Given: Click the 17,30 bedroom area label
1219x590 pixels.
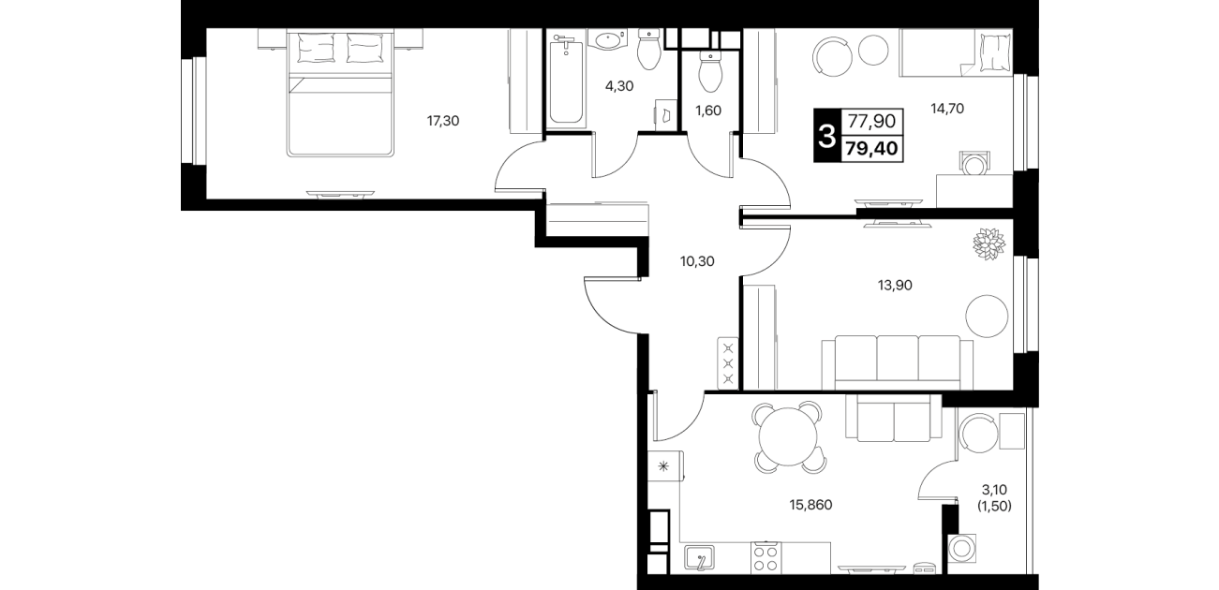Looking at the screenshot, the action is tap(443, 121).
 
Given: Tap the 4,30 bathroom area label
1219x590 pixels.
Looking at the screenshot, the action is tap(619, 86).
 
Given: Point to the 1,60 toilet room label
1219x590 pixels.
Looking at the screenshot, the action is tap(708, 111).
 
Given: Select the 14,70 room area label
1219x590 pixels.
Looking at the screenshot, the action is tap(947, 109).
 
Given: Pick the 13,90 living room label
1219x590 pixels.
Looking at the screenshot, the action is tap(895, 285).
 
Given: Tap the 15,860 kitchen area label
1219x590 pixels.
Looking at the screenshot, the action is tap(810, 505).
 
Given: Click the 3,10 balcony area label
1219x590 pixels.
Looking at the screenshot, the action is tap(994, 490).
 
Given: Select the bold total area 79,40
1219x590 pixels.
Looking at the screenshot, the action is tap(871, 148).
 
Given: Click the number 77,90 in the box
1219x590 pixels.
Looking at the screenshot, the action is tap(871, 121).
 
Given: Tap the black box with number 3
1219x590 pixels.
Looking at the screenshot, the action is tap(827, 136).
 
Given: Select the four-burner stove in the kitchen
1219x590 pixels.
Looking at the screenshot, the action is tap(766, 557).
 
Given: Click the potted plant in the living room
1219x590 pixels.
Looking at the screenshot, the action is tap(989, 244).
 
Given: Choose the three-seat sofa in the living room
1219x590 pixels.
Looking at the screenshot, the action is tap(897, 361).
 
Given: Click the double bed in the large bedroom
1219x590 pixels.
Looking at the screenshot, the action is tap(340, 93).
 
